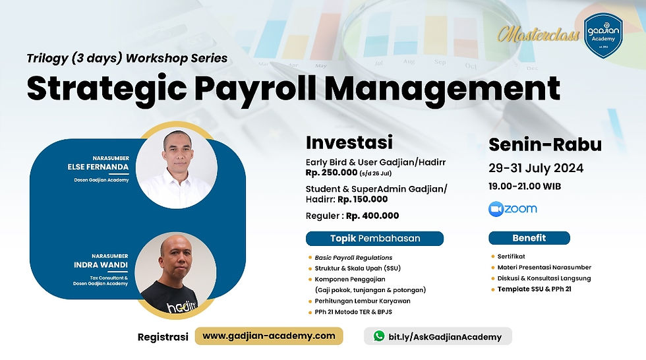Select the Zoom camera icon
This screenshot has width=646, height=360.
click(496, 209)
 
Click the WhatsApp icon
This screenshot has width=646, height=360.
click(378, 336)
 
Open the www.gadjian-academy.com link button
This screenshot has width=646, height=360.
click(268, 336)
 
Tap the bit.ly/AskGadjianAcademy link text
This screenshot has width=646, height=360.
click(445, 336)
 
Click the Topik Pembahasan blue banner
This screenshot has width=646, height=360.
click(374, 238)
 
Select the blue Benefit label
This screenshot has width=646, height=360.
click(529, 238)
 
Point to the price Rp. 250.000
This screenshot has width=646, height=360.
click(331, 173)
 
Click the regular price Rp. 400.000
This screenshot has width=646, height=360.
click(372, 216)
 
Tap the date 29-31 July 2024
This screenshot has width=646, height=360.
click(535, 168)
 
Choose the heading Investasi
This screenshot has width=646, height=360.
click(349, 142)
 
